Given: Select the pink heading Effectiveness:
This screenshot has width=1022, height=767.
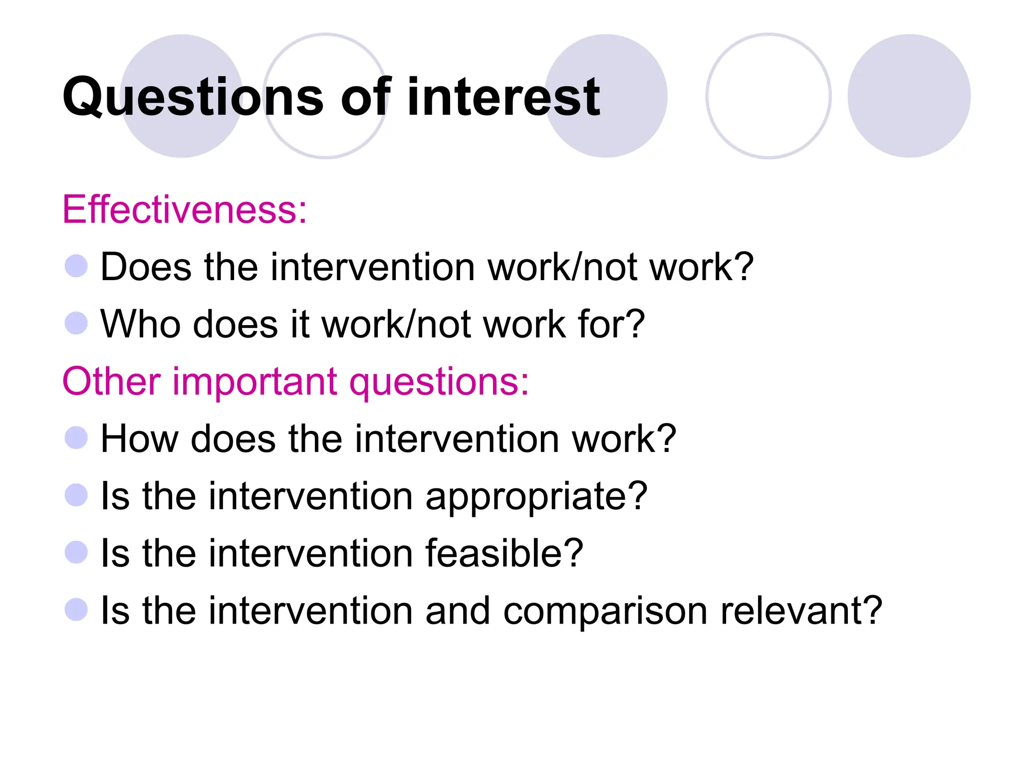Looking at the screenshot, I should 184,210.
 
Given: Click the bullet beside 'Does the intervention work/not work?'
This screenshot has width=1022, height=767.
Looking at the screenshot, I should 76,266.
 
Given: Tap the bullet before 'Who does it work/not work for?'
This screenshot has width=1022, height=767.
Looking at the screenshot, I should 76,323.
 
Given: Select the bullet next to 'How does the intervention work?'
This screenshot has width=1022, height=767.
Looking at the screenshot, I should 76,438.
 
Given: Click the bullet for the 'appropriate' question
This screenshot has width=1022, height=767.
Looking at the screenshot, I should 76,495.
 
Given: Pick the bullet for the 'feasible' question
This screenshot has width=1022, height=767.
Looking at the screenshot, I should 76,552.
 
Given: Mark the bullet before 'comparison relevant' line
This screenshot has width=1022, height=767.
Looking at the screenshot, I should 76,610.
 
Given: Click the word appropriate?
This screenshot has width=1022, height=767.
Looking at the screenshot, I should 536,497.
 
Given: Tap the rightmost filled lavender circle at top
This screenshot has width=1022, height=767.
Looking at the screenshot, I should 909,96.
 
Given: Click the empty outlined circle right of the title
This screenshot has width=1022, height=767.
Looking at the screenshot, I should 768,96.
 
